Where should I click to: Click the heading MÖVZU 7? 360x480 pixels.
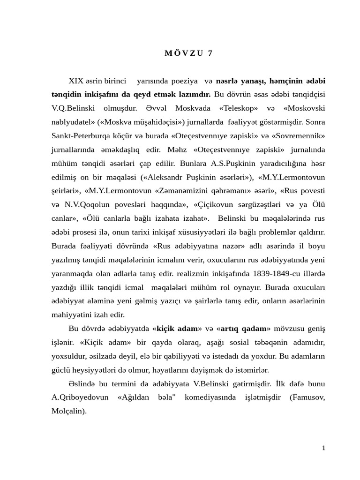pos(188,53)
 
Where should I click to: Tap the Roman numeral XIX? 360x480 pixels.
pos(76,81)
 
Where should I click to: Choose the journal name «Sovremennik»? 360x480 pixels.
pos(298,135)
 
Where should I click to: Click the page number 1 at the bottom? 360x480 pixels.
pos(323,448)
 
